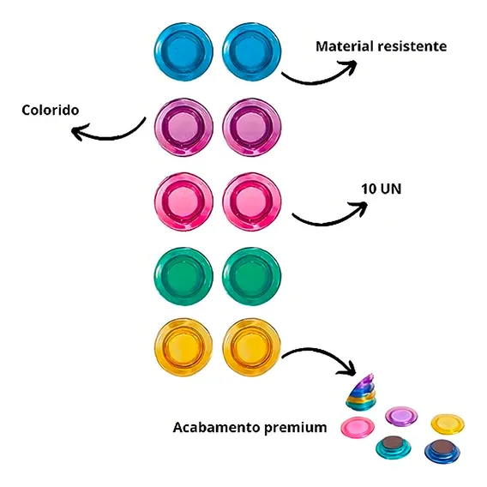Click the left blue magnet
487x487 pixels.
[183, 51]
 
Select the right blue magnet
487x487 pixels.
[251, 51]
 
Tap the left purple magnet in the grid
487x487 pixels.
[183, 128]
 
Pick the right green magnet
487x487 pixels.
[251, 276]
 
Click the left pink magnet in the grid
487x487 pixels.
[183, 201]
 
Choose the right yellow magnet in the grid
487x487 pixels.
[251, 347]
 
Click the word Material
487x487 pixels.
[344, 46]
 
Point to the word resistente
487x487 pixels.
[412, 46]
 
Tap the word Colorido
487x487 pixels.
[51, 110]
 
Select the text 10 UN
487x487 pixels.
[381, 189]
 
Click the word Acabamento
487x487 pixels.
[216, 427]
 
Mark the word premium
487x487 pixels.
[295, 429]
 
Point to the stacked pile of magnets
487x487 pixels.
[361, 392]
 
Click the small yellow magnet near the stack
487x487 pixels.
[448, 424]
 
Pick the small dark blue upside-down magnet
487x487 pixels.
[442, 451]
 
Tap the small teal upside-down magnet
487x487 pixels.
[394, 448]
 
